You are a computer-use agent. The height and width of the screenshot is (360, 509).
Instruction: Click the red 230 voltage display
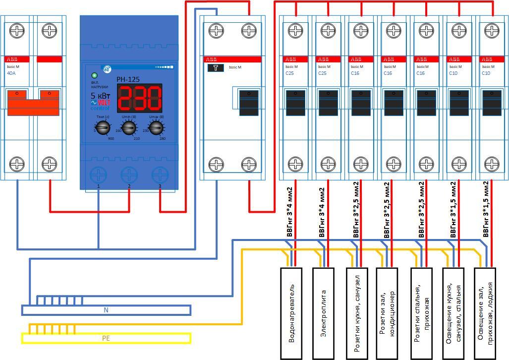click(x=140, y=98)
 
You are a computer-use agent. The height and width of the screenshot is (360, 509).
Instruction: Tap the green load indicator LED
click(x=95, y=76)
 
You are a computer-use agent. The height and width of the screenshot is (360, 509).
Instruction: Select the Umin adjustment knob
click(x=128, y=128)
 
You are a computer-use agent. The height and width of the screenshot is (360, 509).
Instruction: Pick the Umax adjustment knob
click(x=156, y=128)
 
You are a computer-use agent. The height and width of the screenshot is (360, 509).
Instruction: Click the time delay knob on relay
click(x=102, y=128)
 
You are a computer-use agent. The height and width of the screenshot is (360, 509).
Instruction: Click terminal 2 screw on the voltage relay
click(x=129, y=175)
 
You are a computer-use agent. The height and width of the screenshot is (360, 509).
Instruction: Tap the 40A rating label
click(x=11, y=73)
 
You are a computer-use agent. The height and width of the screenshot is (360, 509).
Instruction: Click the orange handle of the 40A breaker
click(x=34, y=104)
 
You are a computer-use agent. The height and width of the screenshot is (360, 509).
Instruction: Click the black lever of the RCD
click(x=249, y=103)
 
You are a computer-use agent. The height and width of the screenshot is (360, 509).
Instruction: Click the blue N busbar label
click(x=106, y=310)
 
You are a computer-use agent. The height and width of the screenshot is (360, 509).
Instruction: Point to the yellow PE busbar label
click(x=106, y=338)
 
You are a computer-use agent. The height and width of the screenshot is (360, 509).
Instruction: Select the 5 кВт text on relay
click(x=100, y=96)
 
